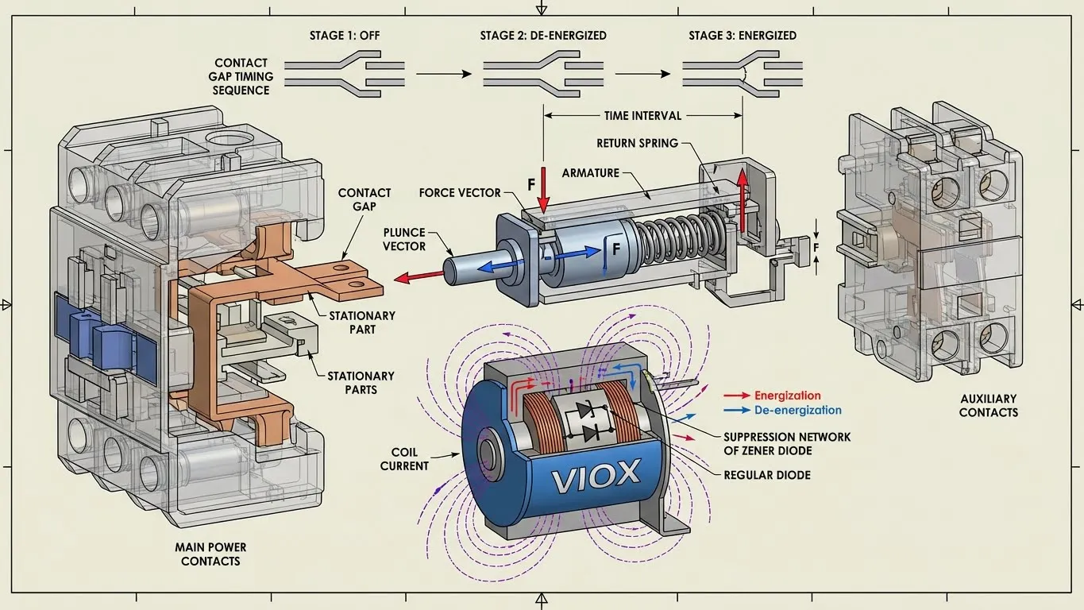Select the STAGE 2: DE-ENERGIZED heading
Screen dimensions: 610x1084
tap(543, 36)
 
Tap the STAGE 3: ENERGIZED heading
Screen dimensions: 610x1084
tap(743, 36)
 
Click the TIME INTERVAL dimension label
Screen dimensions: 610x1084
tap(642, 116)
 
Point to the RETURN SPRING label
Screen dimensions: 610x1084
tap(638, 144)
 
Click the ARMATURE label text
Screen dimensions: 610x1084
tap(590, 172)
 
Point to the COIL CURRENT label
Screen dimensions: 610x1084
tap(404, 459)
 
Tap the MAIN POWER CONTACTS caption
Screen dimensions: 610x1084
tap(210, 554)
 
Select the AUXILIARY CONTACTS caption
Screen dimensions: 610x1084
tap(988, 405)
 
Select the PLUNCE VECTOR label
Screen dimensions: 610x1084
tap(404, 239)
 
